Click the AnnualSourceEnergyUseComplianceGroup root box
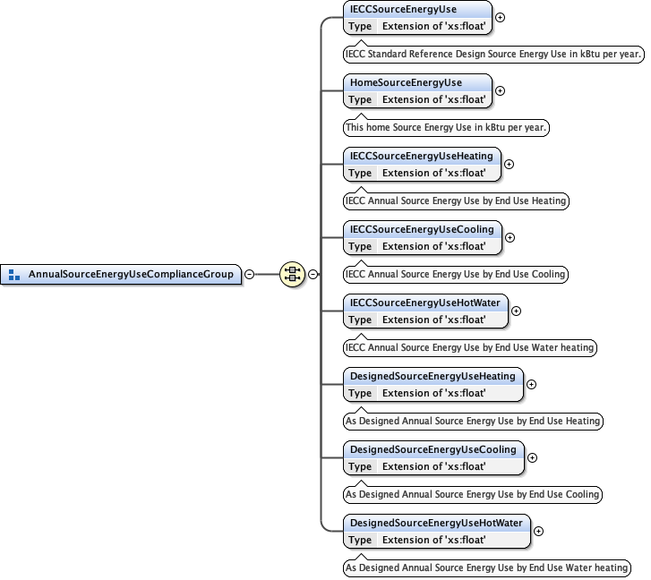coord(130,274)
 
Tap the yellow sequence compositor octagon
coord(291,274)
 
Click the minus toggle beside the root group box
coord(249,274)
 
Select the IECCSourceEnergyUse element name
coord(403,9)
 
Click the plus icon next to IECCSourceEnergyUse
coord(500,17)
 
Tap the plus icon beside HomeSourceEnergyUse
coord(500,90)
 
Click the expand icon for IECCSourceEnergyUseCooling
coord(510,237)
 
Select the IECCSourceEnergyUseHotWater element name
coord(424,303)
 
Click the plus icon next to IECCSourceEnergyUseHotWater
coord(516,311)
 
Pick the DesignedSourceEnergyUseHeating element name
coord(433,376)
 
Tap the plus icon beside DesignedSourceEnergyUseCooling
coord(532,457)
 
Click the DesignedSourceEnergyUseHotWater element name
coord(436,523)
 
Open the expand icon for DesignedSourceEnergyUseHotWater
coord(538,531)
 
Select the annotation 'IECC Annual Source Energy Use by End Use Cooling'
coord(456,275)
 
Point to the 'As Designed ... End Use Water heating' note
coord(486,568)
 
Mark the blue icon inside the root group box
coord(14,275)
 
